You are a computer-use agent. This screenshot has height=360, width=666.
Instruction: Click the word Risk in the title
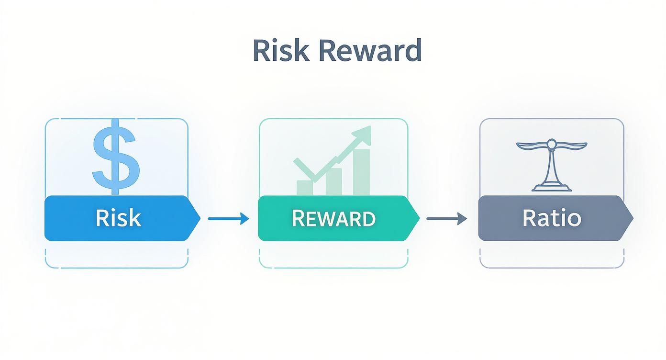click(x=280, y=50)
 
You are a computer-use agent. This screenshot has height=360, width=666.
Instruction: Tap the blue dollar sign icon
click(x=116, y=156)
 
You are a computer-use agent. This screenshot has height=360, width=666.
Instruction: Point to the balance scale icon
click(x=551, y=165)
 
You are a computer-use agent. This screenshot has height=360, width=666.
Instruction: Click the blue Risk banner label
click(x=118, y=218)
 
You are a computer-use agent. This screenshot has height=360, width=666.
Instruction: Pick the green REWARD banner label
click(x=333, y=218)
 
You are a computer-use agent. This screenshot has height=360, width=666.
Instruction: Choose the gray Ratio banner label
click(x=551, y=218)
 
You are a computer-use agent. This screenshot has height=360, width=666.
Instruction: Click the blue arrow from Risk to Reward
click(x=228, y=219)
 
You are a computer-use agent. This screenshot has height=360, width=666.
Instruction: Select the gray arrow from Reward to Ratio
click(x=446, y=219)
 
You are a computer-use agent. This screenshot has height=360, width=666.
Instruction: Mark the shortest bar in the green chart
click(x=305, y=188)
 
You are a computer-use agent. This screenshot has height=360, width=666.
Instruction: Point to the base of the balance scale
click(x=551, y=188)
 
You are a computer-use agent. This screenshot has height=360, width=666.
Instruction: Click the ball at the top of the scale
click(x=551, y=142)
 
